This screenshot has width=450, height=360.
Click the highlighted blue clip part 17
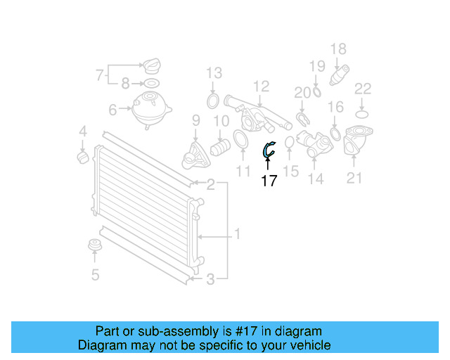(x=269, y=148)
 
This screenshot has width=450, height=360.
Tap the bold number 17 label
(x=269, y=181)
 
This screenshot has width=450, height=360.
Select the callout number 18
(x=338, y=49)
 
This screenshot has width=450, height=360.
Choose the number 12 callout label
(x=261, y=86)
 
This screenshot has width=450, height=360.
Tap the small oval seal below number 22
(x=362, y=112)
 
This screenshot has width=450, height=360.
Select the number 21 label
(x=354, y=179)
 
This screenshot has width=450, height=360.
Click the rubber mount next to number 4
(x=82, y=154)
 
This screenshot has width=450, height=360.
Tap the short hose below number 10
(x=221, y=148)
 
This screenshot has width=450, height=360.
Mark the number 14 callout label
(x=316, y=180)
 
